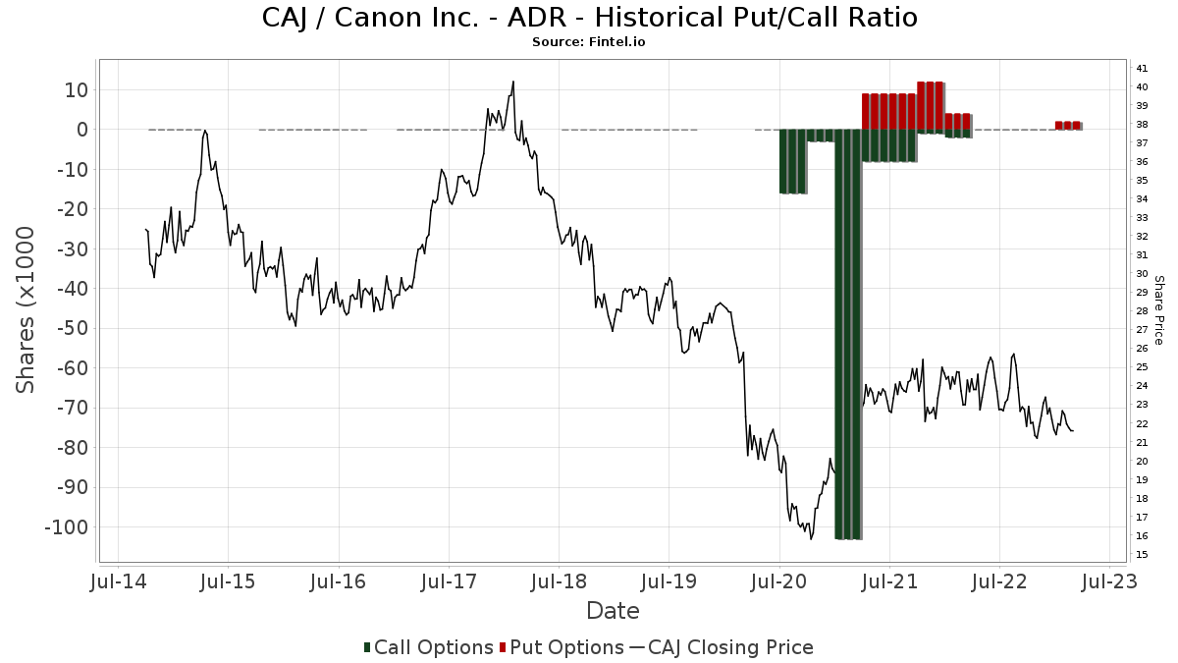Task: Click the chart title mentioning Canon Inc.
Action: tap(589, 18)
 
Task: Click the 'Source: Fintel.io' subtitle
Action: tap(589, 42)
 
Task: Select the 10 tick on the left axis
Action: tap(76, 90)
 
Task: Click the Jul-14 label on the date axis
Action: tap(119, 582)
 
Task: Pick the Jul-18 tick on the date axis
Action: tap(559, 582)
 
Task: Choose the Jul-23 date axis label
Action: tap(1109, 582)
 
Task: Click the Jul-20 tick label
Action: tap(778, 582)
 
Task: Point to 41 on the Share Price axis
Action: tap(1142, 69)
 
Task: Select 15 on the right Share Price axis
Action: tap(1142, 555)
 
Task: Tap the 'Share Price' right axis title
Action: tap(1158, 310)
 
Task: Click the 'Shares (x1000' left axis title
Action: tap(27, 310)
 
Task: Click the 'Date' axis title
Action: tap(613, 611)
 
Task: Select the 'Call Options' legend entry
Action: tap(428, 647)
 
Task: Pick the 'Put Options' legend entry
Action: tap(561, 647)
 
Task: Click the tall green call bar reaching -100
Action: tap(848, 334)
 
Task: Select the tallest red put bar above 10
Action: tap(931, 105)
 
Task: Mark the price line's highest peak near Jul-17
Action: tap(512, 82)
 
